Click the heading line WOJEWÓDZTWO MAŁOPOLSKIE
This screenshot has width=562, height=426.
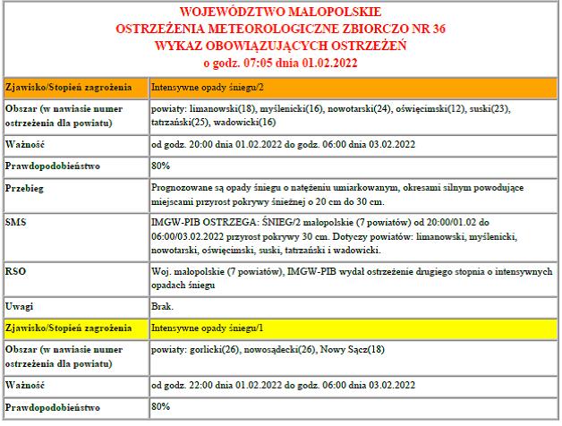280,13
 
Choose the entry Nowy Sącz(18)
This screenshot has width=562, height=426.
360,348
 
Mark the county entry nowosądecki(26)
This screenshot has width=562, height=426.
285,348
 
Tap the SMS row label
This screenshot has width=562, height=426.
15,219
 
